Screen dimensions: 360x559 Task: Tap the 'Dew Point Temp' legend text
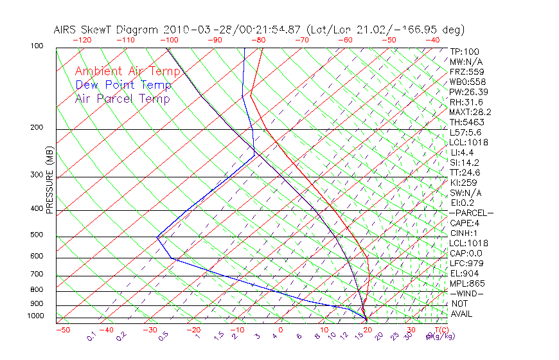[123, 85]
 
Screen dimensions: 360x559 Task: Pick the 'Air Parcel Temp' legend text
[122, 98]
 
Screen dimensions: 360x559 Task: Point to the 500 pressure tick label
[37, 235]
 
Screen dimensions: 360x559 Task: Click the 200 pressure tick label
[37, 128]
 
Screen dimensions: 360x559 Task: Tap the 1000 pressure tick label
[35, 316]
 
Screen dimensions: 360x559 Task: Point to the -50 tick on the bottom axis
[63, 330]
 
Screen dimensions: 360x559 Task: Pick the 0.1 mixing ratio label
[92, 336]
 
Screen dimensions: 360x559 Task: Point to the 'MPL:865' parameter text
[467, 283]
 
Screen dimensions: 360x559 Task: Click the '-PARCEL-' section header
[471, 213]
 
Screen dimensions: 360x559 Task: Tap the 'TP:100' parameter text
[465, 51]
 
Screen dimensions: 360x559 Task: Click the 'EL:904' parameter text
[464, 273]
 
